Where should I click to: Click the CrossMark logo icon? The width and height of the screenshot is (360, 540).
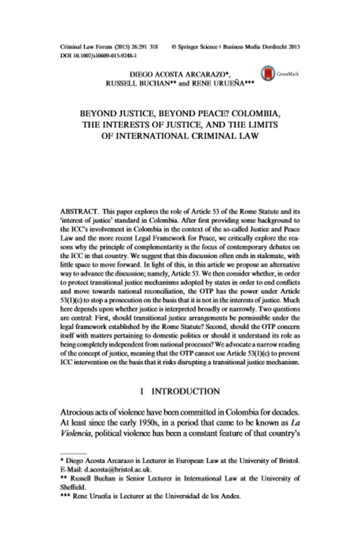tap(268, 74)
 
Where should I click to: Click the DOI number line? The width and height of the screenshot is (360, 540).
tap(97, 55)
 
